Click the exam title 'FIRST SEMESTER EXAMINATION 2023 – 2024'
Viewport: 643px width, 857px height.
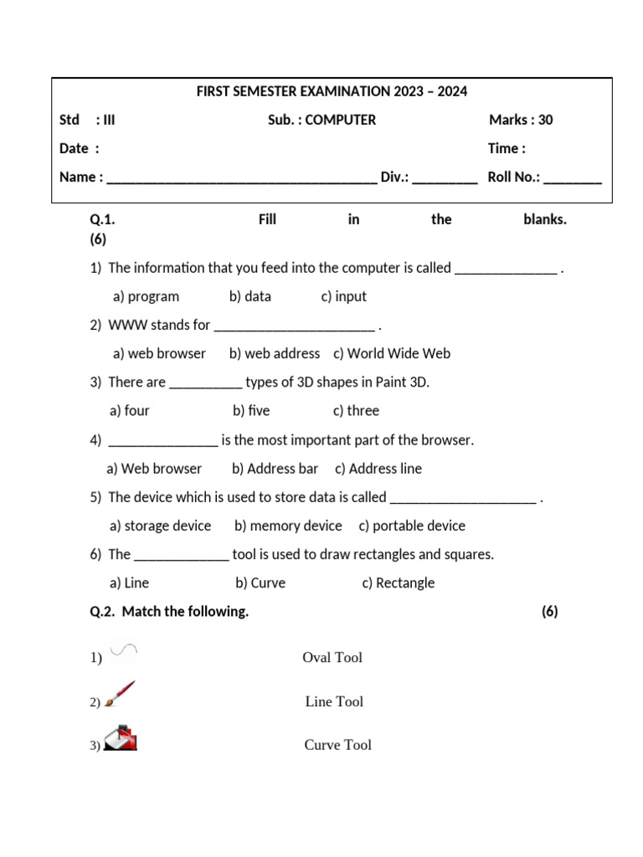tap(332, 91)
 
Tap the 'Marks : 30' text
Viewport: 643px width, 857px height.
tap(521, 120)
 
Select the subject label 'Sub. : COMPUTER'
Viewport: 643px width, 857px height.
tap(321, 120)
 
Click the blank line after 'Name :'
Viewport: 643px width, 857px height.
tap(242, 178)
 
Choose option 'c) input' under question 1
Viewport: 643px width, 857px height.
tap(343, 296)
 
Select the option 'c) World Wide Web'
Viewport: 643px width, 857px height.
tap(392, 353)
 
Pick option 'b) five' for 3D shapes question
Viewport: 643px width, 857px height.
tap(251, 410)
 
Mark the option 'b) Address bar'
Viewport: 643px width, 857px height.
tap(275, 469)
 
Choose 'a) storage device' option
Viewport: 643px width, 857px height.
tap(160, 526)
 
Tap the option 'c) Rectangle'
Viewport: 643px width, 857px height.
tap(398, 582)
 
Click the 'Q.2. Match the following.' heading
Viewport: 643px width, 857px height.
tap(169, 612)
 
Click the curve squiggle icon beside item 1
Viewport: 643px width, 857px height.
tap(123, 650)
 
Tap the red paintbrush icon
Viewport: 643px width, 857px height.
tap(120, 695)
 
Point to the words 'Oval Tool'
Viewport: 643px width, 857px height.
tap(332, 658)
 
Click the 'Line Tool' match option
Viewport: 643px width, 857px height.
tap(334, 701)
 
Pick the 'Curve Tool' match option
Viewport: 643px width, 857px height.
tap(337, 745)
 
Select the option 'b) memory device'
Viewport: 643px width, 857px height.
tap(288, 526)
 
